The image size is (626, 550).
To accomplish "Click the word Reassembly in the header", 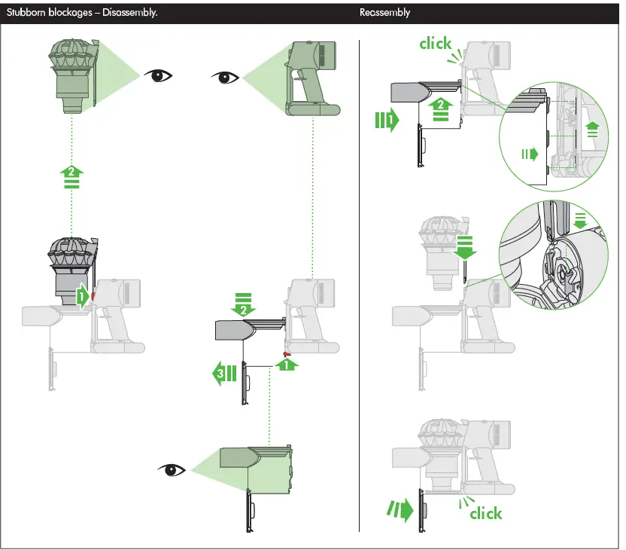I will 384,13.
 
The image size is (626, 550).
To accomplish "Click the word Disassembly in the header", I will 130,13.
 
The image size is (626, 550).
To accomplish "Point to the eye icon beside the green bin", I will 172,470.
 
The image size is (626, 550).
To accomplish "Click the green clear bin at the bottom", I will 256,469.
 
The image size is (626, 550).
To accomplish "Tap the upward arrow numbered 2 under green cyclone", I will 71,178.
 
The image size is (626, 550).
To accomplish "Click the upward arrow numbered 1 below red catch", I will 286,365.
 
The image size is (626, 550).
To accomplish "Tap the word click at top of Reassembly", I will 436,44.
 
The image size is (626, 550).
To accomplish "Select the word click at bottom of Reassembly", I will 485,513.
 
